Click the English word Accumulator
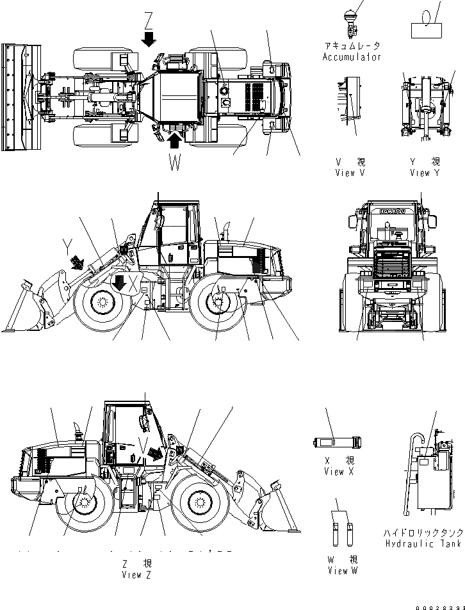pos(352,57)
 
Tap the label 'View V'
pos(350,173)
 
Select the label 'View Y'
pos(425,173)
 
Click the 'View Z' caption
pos(136,575)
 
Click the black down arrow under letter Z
pos(149,40)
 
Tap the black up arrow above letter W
pos(175,136)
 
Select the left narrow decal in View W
pos(335,533)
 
